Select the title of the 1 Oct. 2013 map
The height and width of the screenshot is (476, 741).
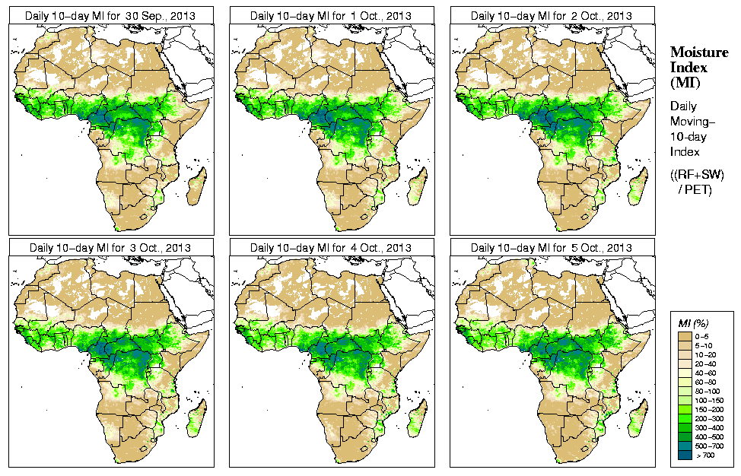331,15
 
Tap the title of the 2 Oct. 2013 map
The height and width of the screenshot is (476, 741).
552,15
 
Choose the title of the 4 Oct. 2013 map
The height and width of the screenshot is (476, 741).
331,248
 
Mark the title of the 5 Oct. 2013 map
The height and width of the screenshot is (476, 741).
552,248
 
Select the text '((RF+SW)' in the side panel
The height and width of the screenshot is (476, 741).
697,174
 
